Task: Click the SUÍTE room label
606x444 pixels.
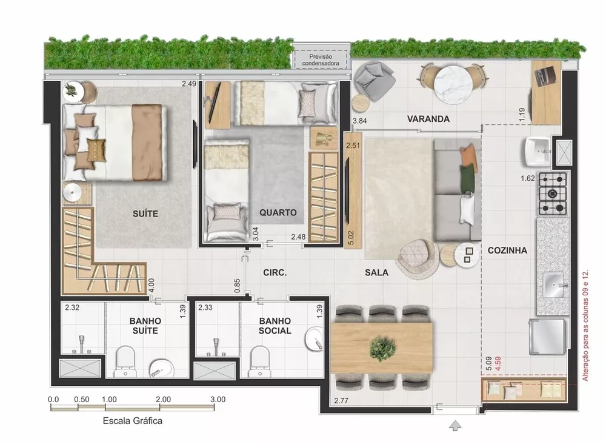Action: tap(145, 214)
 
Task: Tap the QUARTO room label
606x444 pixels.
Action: tap(278, 213)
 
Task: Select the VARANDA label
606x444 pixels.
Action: tap(428, 119)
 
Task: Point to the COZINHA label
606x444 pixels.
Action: tap(507, 250)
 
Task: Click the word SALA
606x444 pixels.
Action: tap(376, 273)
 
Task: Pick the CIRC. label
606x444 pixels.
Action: tap(275, 273)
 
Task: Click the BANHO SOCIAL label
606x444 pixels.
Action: tap(275, 326)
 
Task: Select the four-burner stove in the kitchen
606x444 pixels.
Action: tap(553, 193)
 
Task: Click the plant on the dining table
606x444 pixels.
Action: tap(382, 347)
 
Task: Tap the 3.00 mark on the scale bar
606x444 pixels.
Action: tap(218, 400)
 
